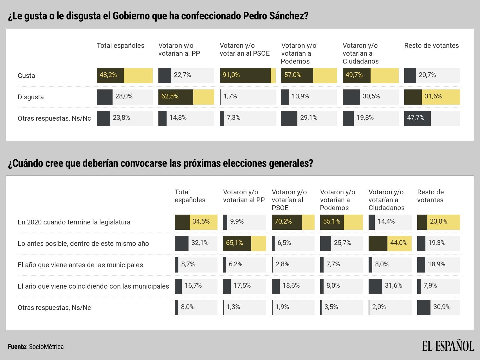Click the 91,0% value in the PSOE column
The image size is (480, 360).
[x=231, y=75]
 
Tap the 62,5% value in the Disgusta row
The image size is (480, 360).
[x=170, y=96]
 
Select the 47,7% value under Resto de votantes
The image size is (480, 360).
[x=416, y=118]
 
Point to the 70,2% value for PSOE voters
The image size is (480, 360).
[x=283, y=222]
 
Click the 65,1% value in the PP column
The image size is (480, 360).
[x=234, y=243]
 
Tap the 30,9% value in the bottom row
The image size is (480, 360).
[x=442, y=307]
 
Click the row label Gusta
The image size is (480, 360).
[x=26, y=76]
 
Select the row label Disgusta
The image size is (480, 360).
[x=31, y=97]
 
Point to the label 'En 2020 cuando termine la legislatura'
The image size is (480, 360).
[x=74, y=222]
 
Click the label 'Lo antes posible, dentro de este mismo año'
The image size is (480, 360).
[x=83, y=244]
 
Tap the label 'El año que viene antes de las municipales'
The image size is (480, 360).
[x=80, y=265]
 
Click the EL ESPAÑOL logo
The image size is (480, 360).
[x=448, y=346]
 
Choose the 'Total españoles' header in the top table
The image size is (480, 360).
[x=120, y=46]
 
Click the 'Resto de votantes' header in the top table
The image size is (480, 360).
[x=431, y=46]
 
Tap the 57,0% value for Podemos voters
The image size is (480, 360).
[x=293, y=75]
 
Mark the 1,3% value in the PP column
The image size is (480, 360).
[x=233, y=307]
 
